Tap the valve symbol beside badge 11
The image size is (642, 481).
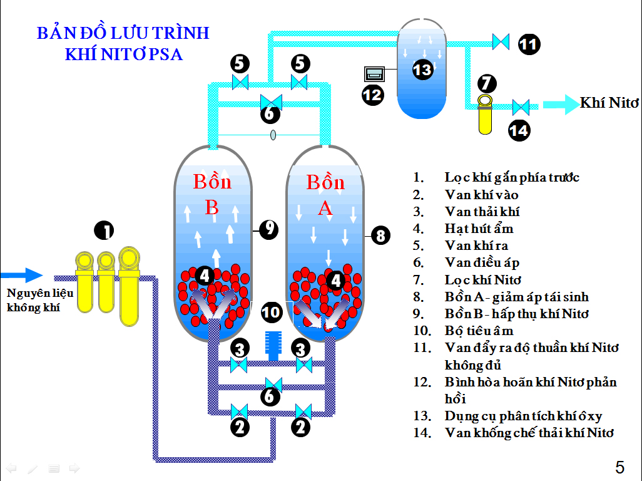click(501, 41)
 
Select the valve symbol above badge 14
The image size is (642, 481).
click(521, 106)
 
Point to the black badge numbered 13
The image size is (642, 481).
click(422, 68)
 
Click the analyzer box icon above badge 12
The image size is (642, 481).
click(375, 74)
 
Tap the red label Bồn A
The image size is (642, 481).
click(325, 195)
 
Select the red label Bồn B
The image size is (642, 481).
click(212, 194)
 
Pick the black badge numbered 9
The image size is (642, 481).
click(268, 229)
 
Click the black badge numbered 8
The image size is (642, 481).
click(380, 235)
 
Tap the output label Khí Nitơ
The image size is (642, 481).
click(608, 103)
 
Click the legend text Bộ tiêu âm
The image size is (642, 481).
click(479, 330)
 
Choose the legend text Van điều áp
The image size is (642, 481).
click(482, 262)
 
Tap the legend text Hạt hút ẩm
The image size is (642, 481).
click(479, 229)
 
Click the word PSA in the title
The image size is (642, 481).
click(165, 54)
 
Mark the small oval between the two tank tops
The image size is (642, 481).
click(273, 135)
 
